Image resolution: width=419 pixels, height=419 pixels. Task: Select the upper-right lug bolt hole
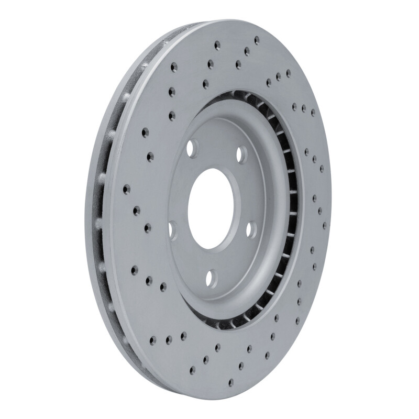pyautogui.click(x=241, y=153)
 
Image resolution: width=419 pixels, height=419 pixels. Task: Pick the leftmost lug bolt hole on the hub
pyautogui.click(x=172, y=229)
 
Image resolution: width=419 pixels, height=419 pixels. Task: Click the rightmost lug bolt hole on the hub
pyautogui.click(x=250, y=228)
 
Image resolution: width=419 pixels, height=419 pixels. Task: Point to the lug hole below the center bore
pyautogui.click(x=211, y=276)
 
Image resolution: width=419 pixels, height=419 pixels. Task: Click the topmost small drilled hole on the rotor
pyautogui.click(x=256, y=39)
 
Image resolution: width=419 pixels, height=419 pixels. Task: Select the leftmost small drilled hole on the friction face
pyautogui.click(x=126, y=187)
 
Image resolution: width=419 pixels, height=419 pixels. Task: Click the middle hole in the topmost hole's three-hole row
pyautogui.click(x=246, y=51)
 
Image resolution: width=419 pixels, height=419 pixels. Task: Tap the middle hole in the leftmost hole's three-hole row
pyautogui.click(x=137, y=210)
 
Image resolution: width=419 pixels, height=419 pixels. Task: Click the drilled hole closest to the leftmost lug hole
pyautogui.click(x=147, y=227)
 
